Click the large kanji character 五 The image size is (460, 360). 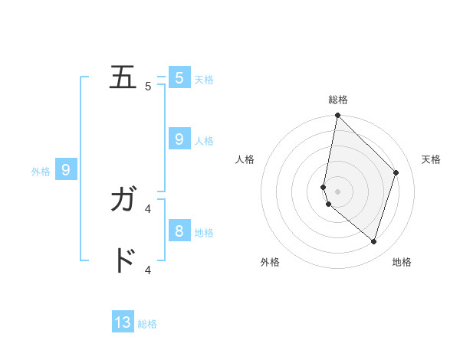(x=123, y=77)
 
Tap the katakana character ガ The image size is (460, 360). (x=123, y=200)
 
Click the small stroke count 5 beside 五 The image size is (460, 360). (x=148, y=87)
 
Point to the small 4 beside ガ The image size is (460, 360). (x=148, y=208)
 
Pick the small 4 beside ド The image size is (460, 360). (x=148, y=270)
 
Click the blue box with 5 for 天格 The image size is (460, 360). (x=179, y=77)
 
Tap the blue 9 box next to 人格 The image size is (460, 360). (x=179, y=139)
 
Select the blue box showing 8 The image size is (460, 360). (x=179, y=231)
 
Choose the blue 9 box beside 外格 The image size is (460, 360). (x=66, y=170)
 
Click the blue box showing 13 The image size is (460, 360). (x=123, y=322)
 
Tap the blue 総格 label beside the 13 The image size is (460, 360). (x=147, y=324)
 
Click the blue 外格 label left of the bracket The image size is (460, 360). (x=41, y=172)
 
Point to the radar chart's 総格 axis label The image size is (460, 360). (x=337, y=100)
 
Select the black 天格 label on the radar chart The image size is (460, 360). (x=431, y=159)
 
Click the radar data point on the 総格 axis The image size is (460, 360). (x=337, y=116)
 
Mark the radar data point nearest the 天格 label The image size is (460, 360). (x=396, y=172)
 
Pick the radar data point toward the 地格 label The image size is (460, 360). (x=373, y=241)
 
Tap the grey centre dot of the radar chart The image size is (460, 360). (x=337, y=191)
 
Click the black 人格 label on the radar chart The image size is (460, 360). (x=245, y=159)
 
